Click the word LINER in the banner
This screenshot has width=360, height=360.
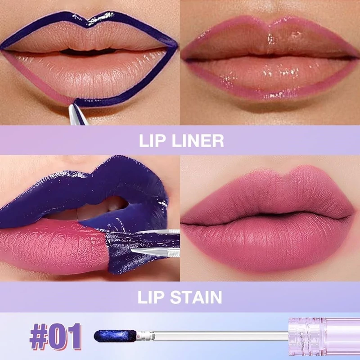coord(198,140)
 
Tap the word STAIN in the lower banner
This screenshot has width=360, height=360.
coord(196,297)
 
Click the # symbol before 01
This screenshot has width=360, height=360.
coord(39,337)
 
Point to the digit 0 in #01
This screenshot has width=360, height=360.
coord(57,337)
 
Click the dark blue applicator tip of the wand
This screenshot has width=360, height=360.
coord(115,336)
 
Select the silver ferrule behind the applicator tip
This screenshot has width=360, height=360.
coord(145,336)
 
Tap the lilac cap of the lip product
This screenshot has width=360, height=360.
coord(324,336)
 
